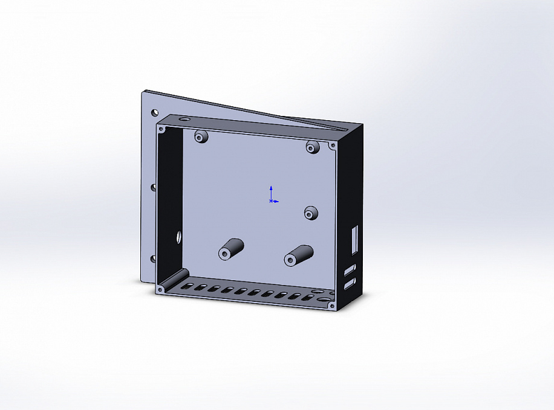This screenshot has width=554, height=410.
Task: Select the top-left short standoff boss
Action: (201, 136)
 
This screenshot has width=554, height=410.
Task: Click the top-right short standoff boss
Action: (312, 146)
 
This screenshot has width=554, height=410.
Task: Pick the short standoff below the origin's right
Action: (311, 213)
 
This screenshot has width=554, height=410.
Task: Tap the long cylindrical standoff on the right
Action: (299, 255)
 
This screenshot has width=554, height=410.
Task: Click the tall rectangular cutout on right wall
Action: (356, 238)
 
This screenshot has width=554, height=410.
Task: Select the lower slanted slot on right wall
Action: (350, 283)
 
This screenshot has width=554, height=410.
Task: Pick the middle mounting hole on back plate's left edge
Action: (153, 187)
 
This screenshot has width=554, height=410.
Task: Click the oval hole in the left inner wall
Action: (178, 235)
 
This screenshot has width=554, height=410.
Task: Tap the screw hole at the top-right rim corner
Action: (332, 146)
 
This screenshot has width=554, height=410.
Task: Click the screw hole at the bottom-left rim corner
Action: (160, 290)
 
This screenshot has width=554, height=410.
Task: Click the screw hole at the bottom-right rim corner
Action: (331, 307)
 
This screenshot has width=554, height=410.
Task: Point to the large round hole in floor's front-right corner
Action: (324, 298)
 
